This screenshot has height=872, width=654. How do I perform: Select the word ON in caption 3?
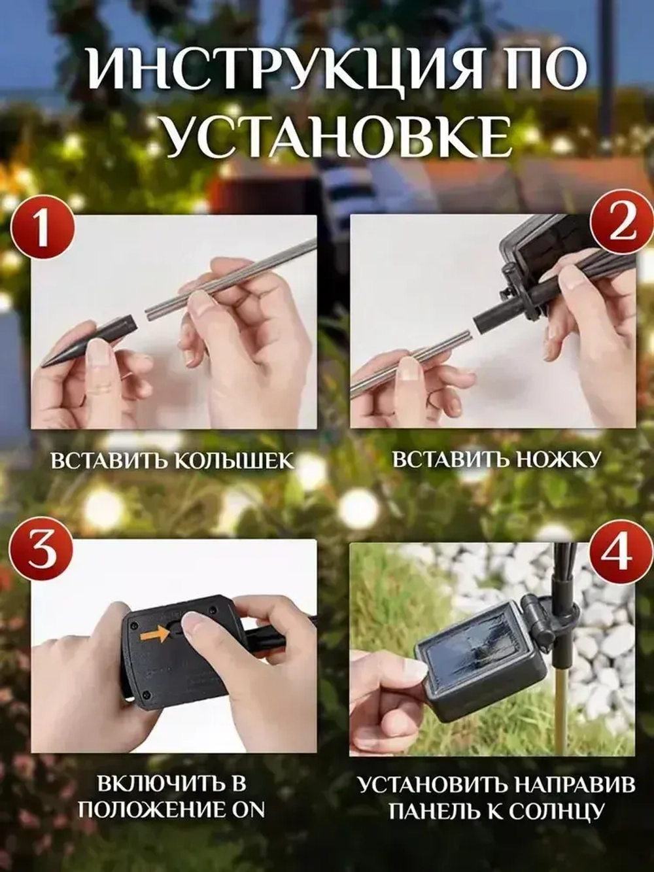pos(249,809)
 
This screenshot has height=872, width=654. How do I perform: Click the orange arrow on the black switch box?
pos(152,633)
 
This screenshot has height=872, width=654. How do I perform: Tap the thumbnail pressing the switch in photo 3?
pos(195,624)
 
